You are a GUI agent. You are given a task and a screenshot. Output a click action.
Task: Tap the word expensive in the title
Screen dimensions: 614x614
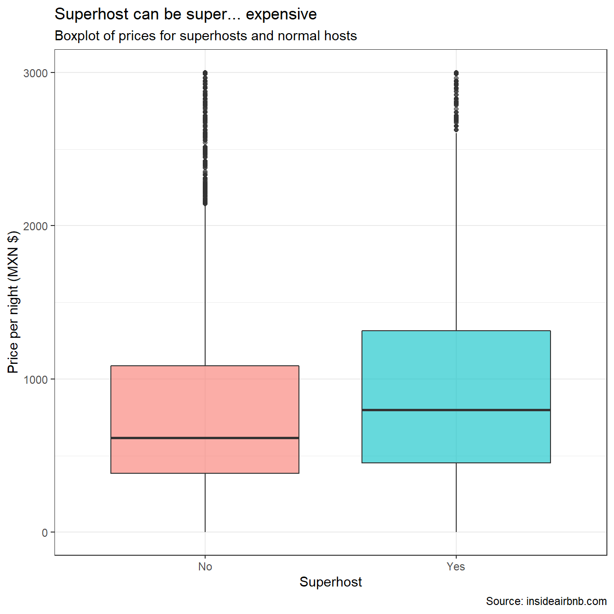[281, 14]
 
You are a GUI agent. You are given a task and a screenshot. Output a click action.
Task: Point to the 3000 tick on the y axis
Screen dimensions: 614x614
[36, 73]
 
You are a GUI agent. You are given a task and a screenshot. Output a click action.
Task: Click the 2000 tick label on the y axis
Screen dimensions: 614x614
[36, 226]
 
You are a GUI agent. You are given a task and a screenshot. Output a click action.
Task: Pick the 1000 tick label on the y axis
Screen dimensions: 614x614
[36, 379]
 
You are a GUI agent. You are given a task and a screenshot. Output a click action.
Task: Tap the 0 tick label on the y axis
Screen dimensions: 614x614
[45, 533]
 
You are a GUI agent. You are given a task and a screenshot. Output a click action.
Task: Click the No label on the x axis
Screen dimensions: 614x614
[205, 567]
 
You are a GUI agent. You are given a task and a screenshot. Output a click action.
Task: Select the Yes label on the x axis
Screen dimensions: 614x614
[456, 567]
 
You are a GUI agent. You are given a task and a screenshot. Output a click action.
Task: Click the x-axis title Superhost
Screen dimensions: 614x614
[331, 582]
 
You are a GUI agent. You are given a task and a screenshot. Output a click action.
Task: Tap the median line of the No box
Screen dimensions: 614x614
[205, 438]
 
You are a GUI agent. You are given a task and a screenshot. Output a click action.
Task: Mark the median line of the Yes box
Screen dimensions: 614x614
[456, 410]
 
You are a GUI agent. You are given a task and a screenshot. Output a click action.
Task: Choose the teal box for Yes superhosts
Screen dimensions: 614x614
[456, 370]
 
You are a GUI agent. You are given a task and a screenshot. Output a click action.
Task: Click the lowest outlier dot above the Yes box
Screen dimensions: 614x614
[456, 129]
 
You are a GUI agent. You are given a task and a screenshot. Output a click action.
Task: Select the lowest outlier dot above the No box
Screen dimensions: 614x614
[205, 204]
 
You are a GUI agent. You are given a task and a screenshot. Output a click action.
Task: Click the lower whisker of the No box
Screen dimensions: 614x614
[205, 502]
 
